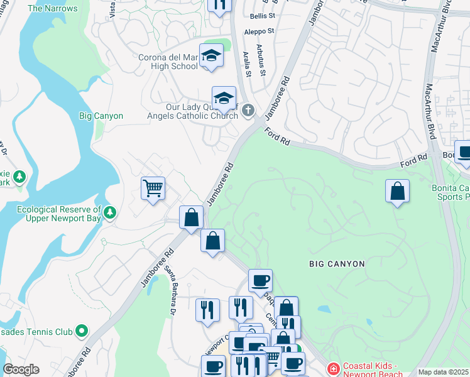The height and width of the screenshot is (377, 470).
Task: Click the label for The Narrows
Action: coord(53,8)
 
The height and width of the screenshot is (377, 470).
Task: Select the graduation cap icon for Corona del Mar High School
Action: coord(211,55)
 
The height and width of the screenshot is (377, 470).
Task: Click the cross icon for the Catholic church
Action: coord(248,111)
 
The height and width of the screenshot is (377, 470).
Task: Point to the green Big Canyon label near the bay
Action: coord(101,116)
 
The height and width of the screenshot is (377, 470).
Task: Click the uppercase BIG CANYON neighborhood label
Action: coord(337,264)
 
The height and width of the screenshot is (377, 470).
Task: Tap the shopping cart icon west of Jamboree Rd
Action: coord(153,188)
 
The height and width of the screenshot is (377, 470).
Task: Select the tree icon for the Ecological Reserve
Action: coord(111,212)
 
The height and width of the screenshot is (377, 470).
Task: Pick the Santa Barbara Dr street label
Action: coord(170,289)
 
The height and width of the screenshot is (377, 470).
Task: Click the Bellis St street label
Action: coord(263,15)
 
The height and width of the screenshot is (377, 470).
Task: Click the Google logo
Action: coord(20,369)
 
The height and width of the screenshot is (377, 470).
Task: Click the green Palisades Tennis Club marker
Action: coord(80,330)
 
